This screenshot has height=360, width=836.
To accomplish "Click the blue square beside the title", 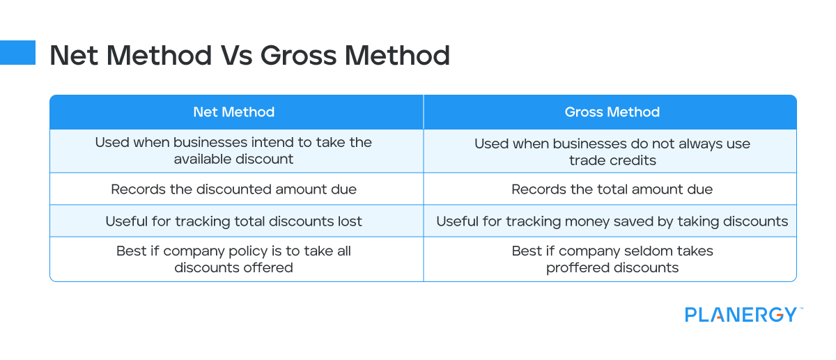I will (x=17, y=52).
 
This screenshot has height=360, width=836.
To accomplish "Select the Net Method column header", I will (x=234, y=112).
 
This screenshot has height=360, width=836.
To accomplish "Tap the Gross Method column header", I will (x=612, y=112).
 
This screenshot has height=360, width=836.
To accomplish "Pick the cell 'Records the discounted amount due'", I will (x=234, y=189).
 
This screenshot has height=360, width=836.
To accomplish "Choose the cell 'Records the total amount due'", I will (x=612, y=189).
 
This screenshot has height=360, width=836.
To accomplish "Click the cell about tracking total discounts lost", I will (x=234, y=221).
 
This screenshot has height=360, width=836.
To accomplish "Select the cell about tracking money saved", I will (x=612, y=221).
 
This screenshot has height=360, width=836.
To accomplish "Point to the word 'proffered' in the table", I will (x=577, y=267).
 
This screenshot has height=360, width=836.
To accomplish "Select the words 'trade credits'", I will (x=612, y=159).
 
